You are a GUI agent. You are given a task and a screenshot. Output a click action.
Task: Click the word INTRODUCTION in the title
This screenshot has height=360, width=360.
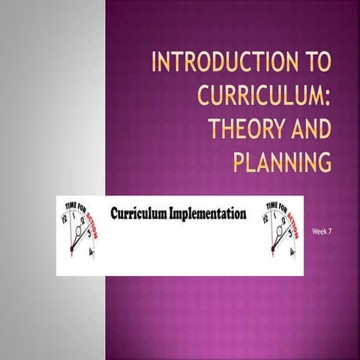[222, 61]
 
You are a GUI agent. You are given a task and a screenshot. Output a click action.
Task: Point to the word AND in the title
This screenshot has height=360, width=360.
[307, 129]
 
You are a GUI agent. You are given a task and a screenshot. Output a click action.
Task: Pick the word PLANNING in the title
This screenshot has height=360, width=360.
[282, 162]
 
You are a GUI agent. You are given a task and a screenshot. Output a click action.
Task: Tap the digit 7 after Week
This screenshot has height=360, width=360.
[329, 232]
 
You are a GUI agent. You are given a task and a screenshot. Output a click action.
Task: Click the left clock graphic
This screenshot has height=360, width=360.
[79, 229]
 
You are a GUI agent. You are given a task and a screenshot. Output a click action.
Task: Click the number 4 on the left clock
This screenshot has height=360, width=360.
[91, 253]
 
